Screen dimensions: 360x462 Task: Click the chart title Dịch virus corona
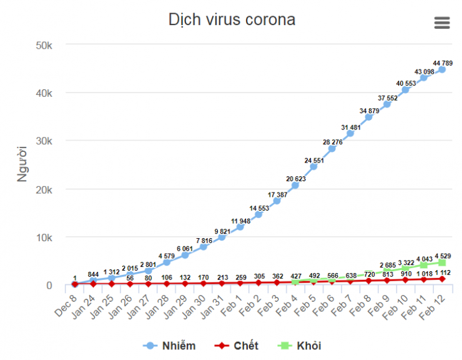[232, 19]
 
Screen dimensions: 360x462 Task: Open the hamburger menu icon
[441, 22]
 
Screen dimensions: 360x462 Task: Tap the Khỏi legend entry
[302, 346]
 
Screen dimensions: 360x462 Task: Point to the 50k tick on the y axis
[47, 44]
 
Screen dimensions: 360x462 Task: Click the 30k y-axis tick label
[47, 141]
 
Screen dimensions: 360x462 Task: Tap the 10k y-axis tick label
[47, 237]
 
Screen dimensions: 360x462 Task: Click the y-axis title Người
[24, 163]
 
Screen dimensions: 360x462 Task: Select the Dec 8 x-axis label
[66, 299]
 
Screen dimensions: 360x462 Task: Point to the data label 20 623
[296, 179]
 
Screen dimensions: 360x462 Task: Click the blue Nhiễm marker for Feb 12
[441, 69]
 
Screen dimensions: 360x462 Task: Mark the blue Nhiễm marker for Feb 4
[295, 186]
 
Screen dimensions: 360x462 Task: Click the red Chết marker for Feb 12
[441, 279]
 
